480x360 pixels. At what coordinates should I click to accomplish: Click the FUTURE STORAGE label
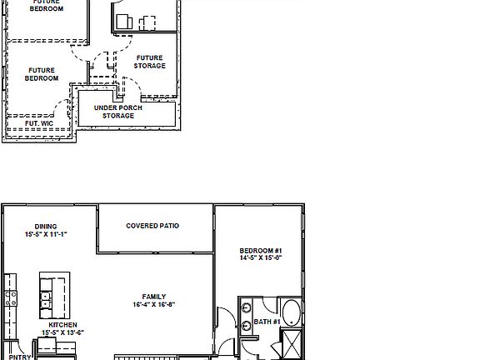(150, 62)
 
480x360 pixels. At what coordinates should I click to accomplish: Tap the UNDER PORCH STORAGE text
(117, 112)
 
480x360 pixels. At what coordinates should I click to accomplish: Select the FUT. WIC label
(39, 123)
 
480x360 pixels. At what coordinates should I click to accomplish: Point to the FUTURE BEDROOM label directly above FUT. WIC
(41, 74)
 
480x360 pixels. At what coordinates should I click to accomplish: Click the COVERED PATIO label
(152, 226)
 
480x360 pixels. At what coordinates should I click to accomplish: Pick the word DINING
(46, 227)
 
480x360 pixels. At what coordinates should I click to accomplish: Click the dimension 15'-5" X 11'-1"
(46, 235)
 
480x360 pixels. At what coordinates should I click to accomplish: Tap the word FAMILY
(153, 297)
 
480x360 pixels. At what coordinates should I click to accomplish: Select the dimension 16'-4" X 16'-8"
(153, 305)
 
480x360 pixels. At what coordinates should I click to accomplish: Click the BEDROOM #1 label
(261, 251)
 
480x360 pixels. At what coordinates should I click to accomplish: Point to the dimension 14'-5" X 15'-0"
(261, 259)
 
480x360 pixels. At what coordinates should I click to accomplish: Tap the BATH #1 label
(267, 322)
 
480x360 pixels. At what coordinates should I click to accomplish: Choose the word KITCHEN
(62, 325)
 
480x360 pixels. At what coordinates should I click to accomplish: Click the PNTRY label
(20, 357)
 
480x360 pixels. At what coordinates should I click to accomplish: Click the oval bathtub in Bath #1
(291, 312)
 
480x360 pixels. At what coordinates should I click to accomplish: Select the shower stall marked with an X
(292, 343)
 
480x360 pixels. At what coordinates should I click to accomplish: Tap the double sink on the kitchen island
(47, 294)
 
